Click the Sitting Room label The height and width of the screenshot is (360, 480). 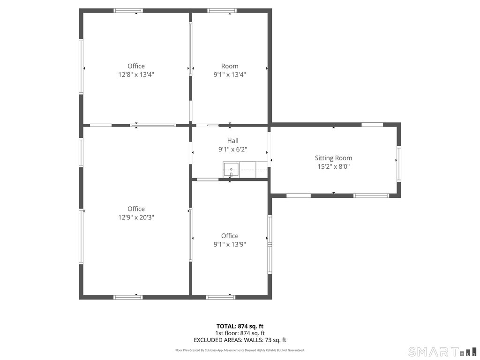point(333,158)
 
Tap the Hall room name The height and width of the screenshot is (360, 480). point(232,141)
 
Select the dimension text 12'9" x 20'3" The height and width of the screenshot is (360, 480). point(136,217)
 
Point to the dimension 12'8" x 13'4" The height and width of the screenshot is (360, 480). point(136,75)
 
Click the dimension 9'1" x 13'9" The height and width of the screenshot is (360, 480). point(230,244)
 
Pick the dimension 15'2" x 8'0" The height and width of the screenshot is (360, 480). point(333,166)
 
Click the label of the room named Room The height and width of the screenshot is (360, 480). point(230,66)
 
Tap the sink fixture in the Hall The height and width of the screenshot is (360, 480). point(231,170)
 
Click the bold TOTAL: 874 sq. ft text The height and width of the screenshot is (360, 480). point(240,326)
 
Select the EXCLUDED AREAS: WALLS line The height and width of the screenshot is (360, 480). point(240,340)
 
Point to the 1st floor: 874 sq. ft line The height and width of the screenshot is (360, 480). point(240,333)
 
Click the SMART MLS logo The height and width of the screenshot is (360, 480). point(442,352)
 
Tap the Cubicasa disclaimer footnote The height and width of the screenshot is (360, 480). point(240,350)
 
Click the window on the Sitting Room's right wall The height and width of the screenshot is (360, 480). point(399,164)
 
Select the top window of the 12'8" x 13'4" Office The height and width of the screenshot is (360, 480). point(128,10)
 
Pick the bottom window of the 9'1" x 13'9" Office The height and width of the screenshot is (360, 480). point(221,297)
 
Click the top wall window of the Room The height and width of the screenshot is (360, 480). point(222,10)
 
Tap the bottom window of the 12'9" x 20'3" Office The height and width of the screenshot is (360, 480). point(128,297)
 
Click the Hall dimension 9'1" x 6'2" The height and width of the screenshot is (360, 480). point(232,150)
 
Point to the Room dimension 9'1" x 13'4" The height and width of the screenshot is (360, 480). point(230,75)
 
